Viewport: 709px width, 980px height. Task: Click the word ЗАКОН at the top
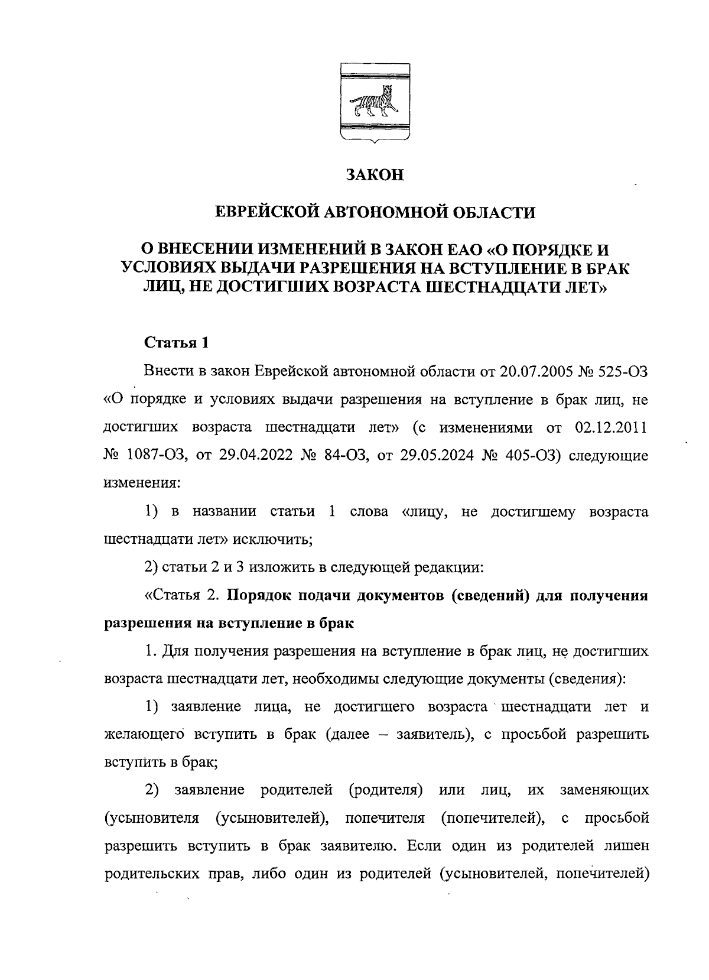pyautogui.click(x=375, y=176)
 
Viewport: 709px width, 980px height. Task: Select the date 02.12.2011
pyautogui.click(x=611, y=427)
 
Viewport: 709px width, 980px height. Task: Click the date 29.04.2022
pyautogui.click(x=249, y=456)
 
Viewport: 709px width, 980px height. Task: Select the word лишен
pyautogui.click(x=627, y=846)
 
